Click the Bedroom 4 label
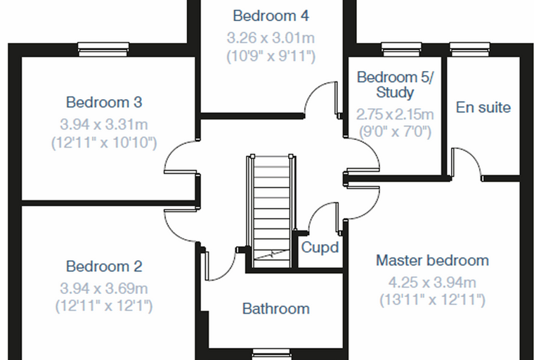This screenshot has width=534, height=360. (271, 16)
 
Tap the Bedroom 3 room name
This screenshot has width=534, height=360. (104, 102)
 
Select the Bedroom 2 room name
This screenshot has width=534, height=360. (104, 266)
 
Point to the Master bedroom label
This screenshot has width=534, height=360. (433, 260)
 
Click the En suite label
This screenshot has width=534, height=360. (483, 108)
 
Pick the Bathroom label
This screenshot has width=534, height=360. (276, 309)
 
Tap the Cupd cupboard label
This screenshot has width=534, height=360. (320, 247)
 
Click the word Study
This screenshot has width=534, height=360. (395, 92)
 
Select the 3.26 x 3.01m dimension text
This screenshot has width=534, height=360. (271, 38)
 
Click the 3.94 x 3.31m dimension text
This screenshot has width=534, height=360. (104, 124)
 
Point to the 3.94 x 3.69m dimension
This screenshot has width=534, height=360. (104, 289)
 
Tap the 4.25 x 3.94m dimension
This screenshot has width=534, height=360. (433, 283)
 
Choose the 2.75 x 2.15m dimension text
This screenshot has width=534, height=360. (395, 115)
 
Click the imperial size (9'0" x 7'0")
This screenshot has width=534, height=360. (395, 131)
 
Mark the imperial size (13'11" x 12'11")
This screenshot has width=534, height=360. (433, 300)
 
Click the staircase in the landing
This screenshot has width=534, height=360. (271, 212)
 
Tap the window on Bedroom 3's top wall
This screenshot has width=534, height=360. (103, 49)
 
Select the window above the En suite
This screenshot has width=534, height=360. (470, 49)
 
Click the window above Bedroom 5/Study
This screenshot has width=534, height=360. (401, 49)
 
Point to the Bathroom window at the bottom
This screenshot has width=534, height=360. (271, 354)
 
